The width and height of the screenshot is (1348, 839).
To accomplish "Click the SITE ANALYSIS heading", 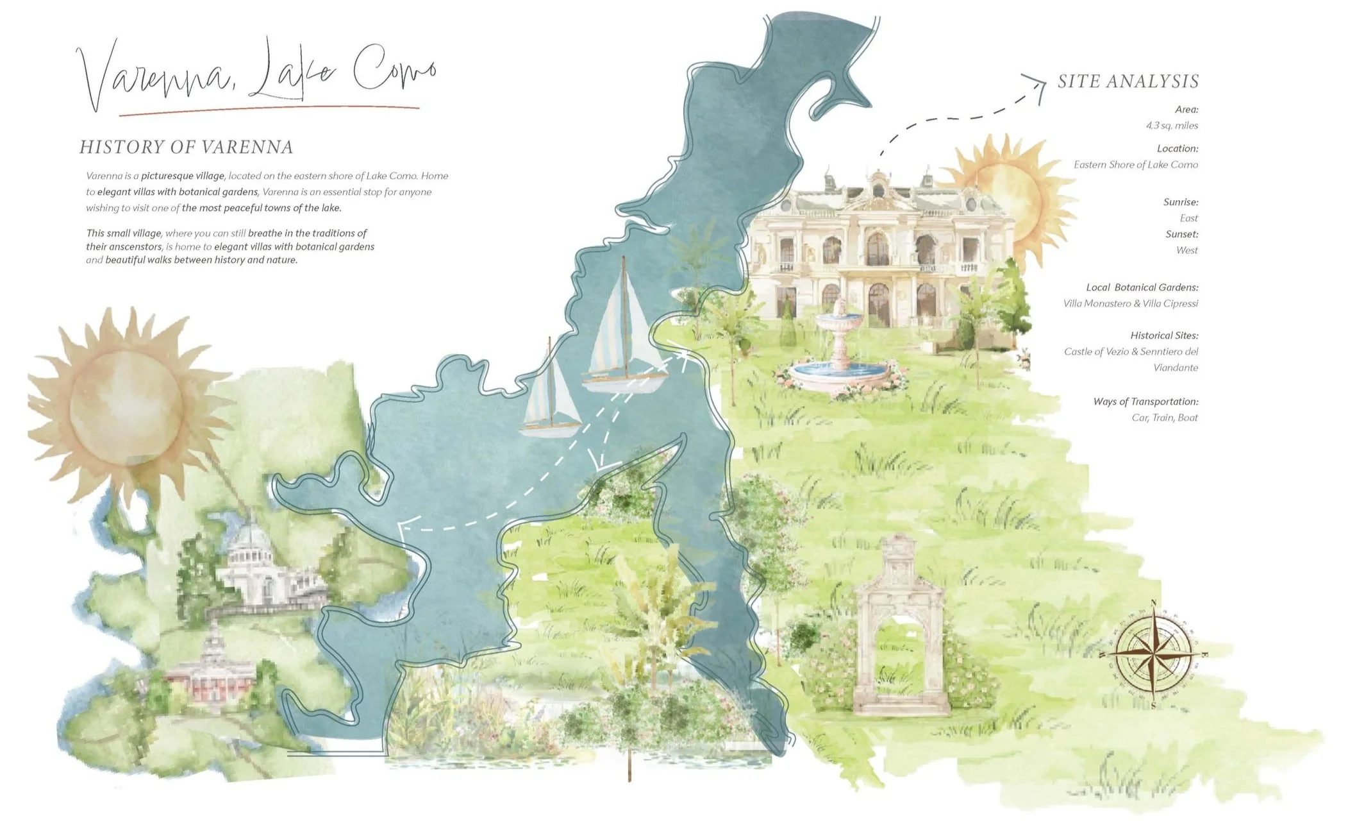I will [x=1127, y=81].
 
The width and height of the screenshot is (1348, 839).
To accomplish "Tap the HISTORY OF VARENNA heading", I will [x=186, y=147].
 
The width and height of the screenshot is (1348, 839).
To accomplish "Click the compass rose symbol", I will [x=1152, y=654].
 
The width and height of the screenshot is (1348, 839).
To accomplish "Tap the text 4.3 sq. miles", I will [x=1172, y=126].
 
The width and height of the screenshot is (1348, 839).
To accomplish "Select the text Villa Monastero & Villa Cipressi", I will [x=1130, y=303].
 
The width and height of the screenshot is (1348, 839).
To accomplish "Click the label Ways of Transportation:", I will [x=1145, y=402].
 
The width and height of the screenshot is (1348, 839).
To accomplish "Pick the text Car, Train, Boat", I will [x=1164, y=418].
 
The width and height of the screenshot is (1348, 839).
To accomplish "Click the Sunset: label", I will [x=1181, y=234].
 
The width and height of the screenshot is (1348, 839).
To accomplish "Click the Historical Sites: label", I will [x=1164, y=335].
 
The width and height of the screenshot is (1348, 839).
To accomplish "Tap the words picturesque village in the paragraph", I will [x=183, y=176].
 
